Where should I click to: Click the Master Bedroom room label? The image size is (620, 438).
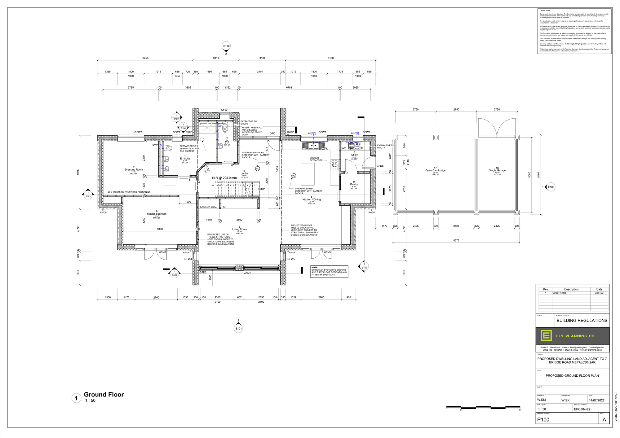point(157,214)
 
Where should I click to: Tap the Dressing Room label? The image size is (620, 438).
point(134,170)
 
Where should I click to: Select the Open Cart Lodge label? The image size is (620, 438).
point(435,170)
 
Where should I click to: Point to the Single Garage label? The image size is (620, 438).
point(497,170)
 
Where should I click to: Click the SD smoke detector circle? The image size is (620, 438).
point(257,169)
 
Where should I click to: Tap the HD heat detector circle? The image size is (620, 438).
point(294,176)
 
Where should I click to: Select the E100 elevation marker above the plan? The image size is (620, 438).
point(226,46)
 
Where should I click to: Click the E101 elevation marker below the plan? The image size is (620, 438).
point(238,328)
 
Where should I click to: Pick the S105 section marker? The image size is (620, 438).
point(364,267)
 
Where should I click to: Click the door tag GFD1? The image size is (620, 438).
point(273,134)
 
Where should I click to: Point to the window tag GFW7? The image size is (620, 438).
point(322,132)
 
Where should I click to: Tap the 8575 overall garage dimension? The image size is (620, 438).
point(456,240)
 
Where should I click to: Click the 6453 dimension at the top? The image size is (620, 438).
point(145,58)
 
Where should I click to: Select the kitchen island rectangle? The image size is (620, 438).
point(308,174)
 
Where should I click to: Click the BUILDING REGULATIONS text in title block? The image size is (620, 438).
point(582,321)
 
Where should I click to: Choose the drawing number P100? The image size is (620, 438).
point(543,419)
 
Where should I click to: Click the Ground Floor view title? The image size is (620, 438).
point(104,394)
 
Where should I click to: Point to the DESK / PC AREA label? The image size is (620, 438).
point(208,207)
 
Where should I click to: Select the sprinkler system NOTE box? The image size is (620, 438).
point(329,271)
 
